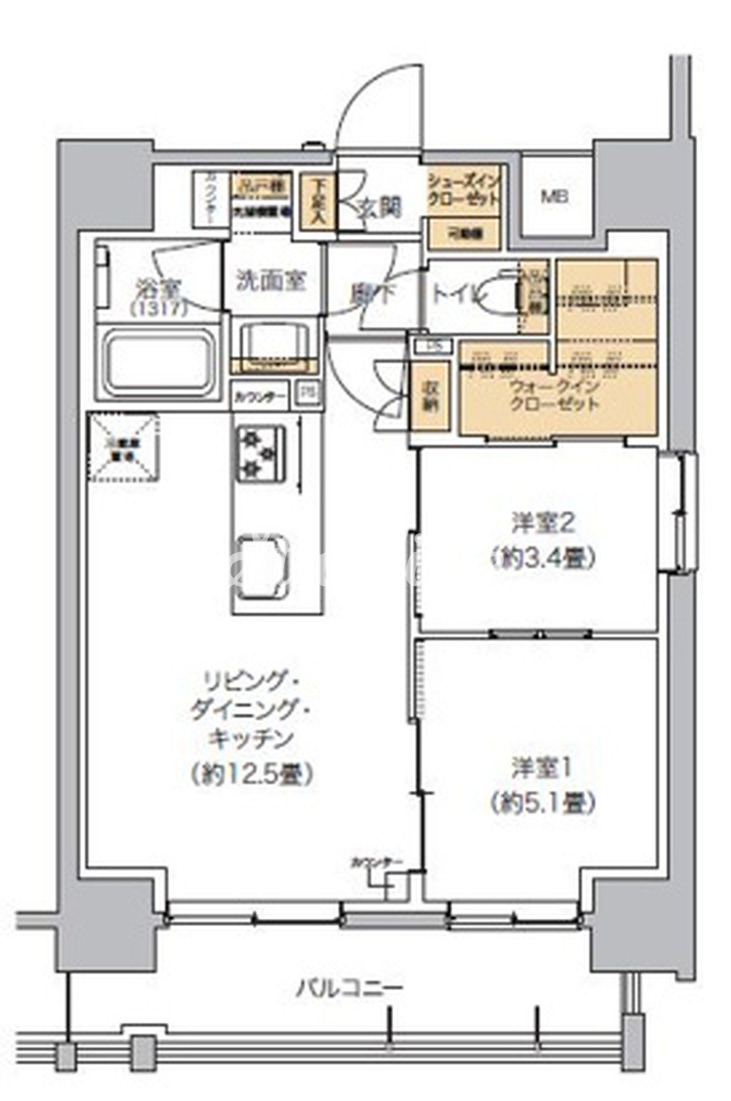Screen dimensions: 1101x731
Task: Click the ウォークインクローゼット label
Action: [554, 395]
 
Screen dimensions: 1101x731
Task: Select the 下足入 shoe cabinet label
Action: [318, 201]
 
